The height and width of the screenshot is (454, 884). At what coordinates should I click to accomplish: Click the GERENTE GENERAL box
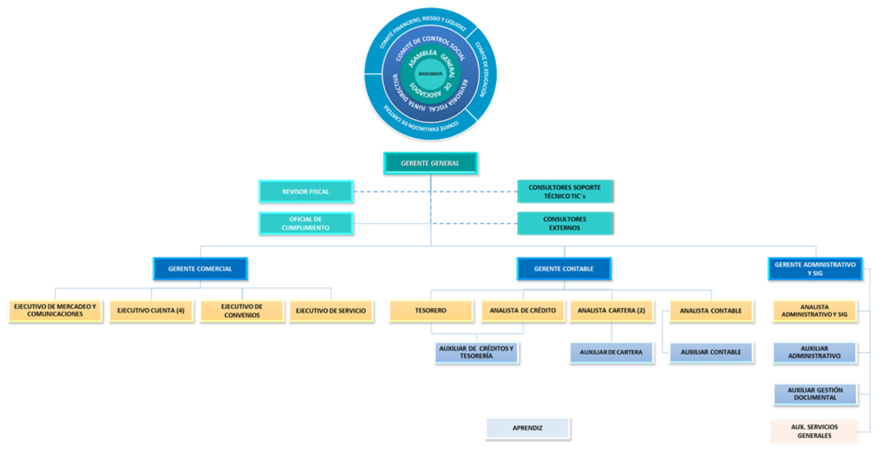click(x=430, y=163)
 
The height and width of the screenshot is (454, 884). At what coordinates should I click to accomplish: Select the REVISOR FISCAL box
click(x=305, y=191)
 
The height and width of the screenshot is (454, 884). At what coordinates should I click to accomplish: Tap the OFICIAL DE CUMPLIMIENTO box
click(x=305, y=223)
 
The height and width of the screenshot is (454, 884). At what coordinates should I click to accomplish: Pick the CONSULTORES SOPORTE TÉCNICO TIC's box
click(x=564, y=191)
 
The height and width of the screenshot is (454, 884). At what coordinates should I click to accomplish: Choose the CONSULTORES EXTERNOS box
click(x=564, y=223)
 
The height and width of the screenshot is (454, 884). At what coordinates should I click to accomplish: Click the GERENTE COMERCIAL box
click(x=200, y=269)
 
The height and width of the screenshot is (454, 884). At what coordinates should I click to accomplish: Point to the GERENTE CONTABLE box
click(x=564, y=269)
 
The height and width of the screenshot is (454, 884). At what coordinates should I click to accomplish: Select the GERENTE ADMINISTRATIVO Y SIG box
click(x=815, y=269)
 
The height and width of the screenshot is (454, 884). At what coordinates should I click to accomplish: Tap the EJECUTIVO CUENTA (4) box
click(x=155, y=310)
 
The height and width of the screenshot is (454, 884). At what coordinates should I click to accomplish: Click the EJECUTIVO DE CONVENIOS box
click(x=242, y=310)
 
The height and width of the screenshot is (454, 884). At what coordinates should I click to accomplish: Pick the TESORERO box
click(x=431, y=310)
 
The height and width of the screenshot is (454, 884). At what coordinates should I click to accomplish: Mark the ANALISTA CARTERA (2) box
click(x=611, y=310)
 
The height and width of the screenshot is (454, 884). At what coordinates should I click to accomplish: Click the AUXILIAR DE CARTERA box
click(x=611, y=352)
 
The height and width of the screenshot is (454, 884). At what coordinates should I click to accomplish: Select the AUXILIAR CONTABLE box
click(x=711, y=352)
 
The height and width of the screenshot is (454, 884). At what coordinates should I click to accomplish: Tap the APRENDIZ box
click(x=527, y=428)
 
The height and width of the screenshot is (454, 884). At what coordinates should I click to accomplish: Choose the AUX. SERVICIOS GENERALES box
click(x=814, y=431)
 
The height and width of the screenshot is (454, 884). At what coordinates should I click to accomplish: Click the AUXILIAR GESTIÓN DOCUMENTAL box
click(x=815, y=394)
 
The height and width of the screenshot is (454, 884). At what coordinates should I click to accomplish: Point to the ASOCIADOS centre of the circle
click(x=430, y=74)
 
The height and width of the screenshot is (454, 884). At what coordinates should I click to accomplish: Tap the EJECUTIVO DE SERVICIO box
click(x=330, y=310)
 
